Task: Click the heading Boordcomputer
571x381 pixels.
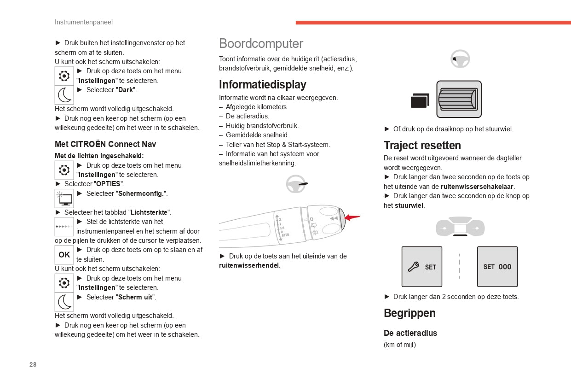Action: pos(261,44)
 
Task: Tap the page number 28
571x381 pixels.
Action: pos(33,364)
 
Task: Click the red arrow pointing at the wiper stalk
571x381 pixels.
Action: pos(352,217)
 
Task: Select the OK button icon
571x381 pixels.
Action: pos(64,255)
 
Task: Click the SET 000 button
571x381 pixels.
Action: pos(497,267)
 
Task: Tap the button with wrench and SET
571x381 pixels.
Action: pos(421,267)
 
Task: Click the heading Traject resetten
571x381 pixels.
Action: pos(422,146)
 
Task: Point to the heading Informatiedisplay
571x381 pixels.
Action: pos(262,85)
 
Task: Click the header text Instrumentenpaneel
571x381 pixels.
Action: pos(83,22)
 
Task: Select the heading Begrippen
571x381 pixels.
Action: pos(410,313)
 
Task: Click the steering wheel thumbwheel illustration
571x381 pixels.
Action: pos(459,99)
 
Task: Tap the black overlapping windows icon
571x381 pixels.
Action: pos(420,100)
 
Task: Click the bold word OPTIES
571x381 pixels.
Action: pos(108,184)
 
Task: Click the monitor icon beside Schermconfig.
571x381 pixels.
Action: pos(64,199)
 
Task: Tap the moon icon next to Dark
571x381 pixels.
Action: pos(64,95)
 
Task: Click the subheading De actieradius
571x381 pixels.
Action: pos(410,333)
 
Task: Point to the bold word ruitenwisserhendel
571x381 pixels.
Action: pos(249,265)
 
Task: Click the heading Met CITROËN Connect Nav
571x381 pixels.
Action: pos(105,144)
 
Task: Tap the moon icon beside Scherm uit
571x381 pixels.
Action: pos(64,302)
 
